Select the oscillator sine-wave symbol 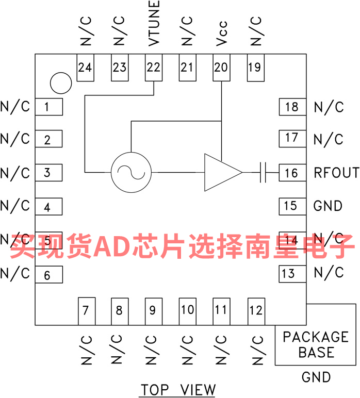click(x=131, y=173)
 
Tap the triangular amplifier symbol click(x=223, y=172)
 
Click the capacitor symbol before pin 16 click(x=263, y=173)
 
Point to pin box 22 click(x=154, y=68)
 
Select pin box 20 click(x=221, y=68)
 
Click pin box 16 click(x=292, y=173)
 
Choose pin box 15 click(x=292, y=206)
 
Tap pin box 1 click(x=49, y=107)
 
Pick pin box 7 click(x=87, y=311)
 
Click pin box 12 click(x=256, y=311)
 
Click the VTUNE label click(x=154, y=23)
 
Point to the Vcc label click(x=221, y=34)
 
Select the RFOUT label click(x=336, y=173)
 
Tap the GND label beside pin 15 click(x=328, y=206)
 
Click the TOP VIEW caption click(x=178, y=390)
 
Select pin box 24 click(x=85, y=68)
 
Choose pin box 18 click(x=292, y=107)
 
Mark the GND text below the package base click(x=316, y=377)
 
